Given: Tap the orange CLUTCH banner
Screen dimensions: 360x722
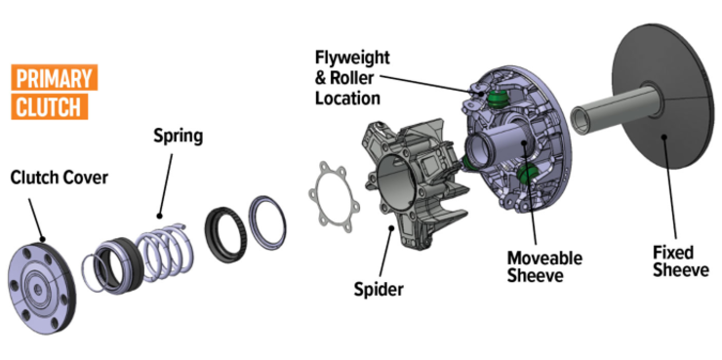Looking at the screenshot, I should point(47,105).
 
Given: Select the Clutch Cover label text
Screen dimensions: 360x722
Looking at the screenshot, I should point(59,178).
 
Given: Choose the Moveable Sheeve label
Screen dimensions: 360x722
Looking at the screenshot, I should point(543,266).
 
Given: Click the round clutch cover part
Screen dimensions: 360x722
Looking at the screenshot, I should point(42,273).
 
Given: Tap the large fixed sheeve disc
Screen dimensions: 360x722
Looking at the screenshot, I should point(663,107).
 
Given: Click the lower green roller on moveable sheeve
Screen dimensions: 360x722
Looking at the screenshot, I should point(530,174).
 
